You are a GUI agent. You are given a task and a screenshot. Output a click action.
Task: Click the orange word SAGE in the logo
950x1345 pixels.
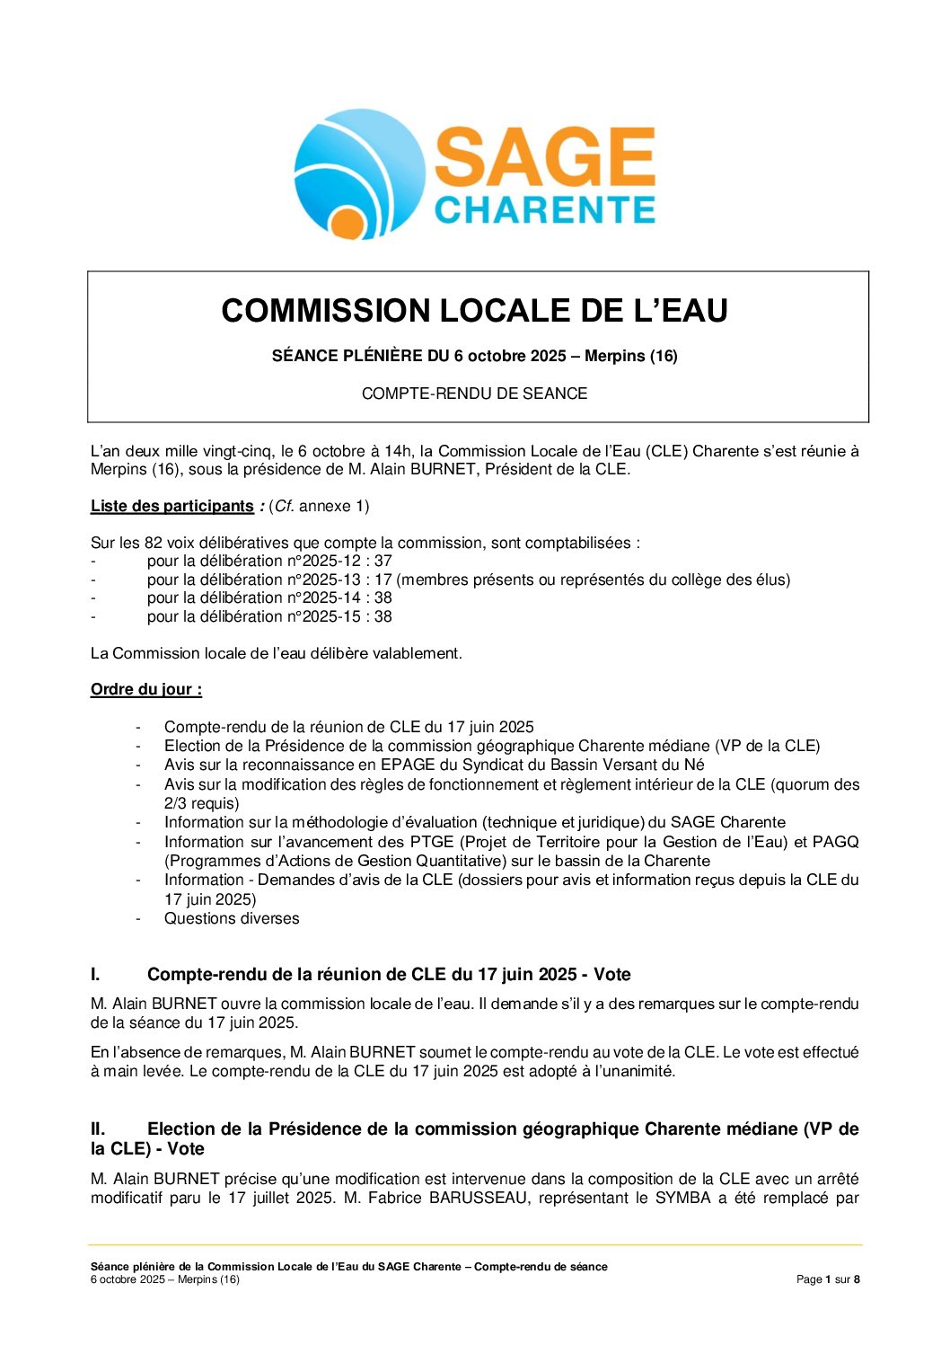click(x=544, y=158)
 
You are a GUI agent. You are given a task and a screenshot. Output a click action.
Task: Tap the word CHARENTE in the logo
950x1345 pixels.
click(x=544, y=210)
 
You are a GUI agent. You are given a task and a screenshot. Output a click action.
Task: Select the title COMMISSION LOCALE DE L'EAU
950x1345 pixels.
click(x=474, y=311)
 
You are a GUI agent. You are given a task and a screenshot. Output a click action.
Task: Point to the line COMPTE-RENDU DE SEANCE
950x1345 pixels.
click(x=474, y=394)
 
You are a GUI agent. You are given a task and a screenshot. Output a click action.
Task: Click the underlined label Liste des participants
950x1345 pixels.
click(x=172, y=506)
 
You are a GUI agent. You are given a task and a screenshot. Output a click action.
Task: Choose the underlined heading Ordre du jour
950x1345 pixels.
click(x=145, y=690)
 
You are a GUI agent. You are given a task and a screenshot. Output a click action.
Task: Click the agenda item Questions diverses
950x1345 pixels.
click(x=232, y=918)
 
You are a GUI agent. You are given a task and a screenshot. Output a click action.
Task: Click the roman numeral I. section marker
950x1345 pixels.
click(x=95, y=975)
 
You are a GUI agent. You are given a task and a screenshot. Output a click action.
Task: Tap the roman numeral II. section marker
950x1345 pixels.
click(x=98, y=1129)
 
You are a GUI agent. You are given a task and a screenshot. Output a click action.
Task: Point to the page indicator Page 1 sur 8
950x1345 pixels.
click(x=828, y=1279)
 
